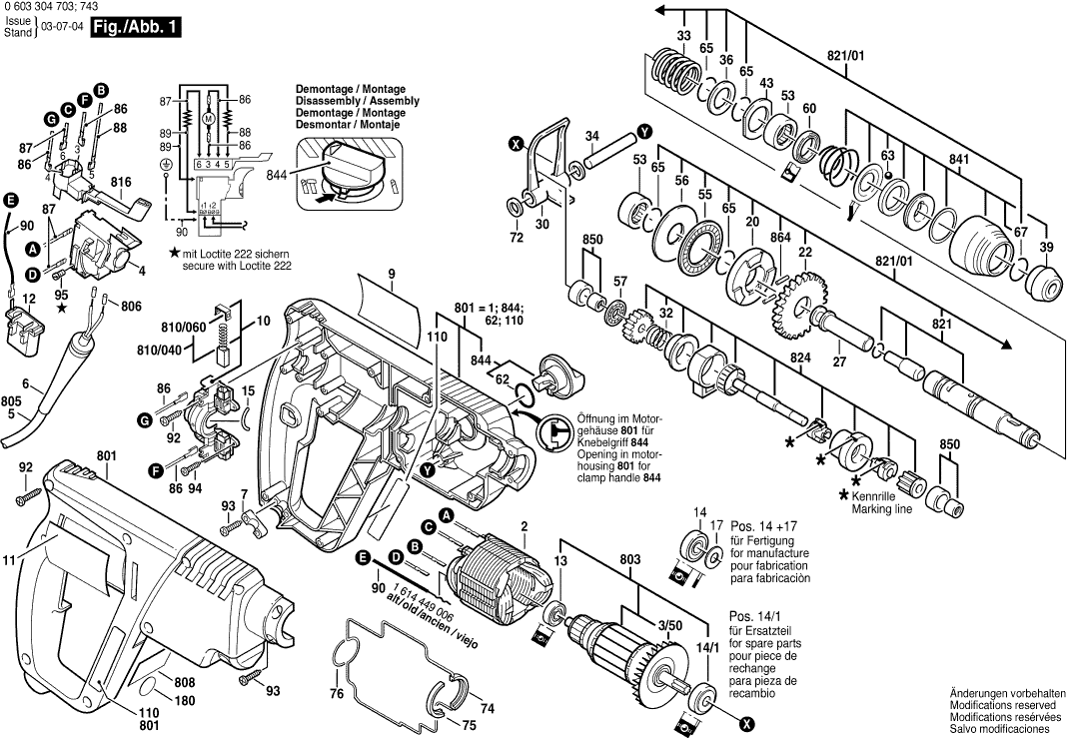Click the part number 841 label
(959, 159)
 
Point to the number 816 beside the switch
(121, 182)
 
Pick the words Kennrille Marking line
(883, 502)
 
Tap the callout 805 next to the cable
(12, 399)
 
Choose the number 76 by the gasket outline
(336, 693)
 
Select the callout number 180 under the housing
(185, 700)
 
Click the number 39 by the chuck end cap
(1045, 247)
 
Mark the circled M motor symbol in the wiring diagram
(209, 119)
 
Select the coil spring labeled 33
(672, 71)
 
